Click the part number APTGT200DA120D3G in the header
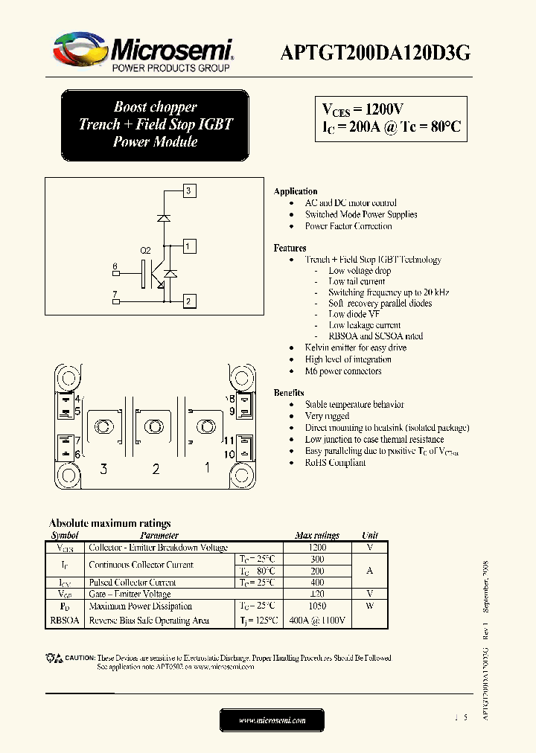[x=374, y=52]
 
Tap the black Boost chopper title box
[x=155, y=124]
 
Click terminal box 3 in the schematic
[x=189, y=190]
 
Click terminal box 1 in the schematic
[x=189, y=246]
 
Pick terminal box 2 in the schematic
[x=189, y=301]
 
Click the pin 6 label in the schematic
[x=115, y=266]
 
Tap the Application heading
[x=296, y=191]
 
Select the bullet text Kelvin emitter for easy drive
[x=355, y=347]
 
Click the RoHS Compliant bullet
[x=335, y=462]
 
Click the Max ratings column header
[x=316, y=535]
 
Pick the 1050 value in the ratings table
[x=316, y=606]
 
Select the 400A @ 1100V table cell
[x=316, y=620]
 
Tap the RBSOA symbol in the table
[x=66, y=620]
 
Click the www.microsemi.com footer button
[x=272, y=720]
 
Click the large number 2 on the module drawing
[x=156, y=469]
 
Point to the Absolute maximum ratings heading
[x=109, y=523]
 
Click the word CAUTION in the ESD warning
[x=80, y=658]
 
